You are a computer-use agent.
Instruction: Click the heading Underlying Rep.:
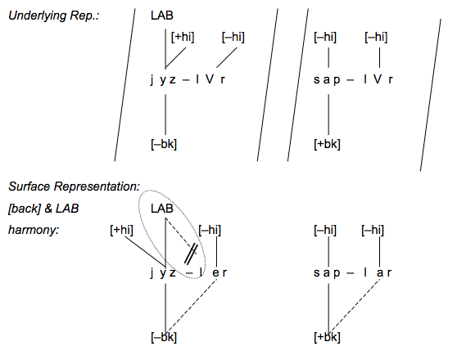pos(54,16)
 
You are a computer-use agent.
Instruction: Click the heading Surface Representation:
pos(75,187)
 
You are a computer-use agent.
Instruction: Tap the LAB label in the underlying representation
pos(162,16)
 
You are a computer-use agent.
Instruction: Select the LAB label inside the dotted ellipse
pos(162,209)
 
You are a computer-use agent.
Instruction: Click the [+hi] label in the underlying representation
pos(183,38)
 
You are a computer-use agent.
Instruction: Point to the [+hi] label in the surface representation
pos(121,230)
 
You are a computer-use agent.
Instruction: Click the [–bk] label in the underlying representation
pos(164,144)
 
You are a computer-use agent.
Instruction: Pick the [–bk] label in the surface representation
pos(164,337)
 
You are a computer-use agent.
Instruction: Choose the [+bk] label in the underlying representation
pos(327,144)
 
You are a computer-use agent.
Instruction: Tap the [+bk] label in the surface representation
pos(327,337)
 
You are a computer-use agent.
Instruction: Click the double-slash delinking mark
pos(191,254)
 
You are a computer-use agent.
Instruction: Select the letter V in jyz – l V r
pos(210,79)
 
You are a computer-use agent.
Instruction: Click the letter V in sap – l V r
pos(378,79)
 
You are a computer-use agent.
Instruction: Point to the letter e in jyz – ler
pos(215,273)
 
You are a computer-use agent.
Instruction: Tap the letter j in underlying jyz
pos(152,80)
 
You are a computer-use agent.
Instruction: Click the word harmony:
pos(34,231)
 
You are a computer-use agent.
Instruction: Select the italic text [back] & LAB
pos(43,209)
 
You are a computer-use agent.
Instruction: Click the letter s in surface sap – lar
pos(316,273)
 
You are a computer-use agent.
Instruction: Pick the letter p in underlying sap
pos(337,80)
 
